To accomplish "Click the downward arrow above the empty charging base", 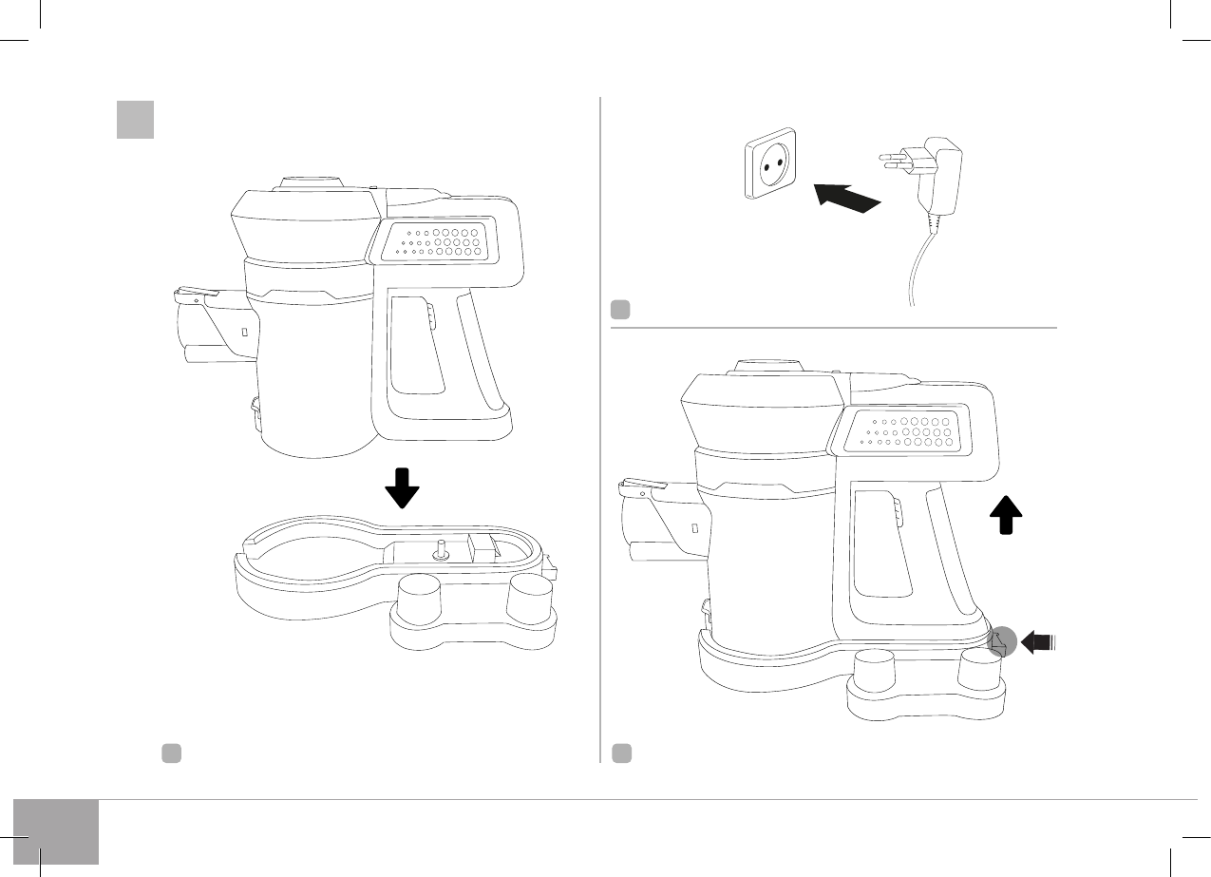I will point(403,486).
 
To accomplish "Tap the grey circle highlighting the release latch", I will point(1001,642).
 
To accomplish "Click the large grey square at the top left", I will point(135,119).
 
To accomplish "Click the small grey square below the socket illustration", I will point(619,310).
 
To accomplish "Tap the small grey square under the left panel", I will point(171,753).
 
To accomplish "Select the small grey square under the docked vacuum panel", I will point(621,753).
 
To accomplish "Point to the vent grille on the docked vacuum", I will point(900,430).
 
